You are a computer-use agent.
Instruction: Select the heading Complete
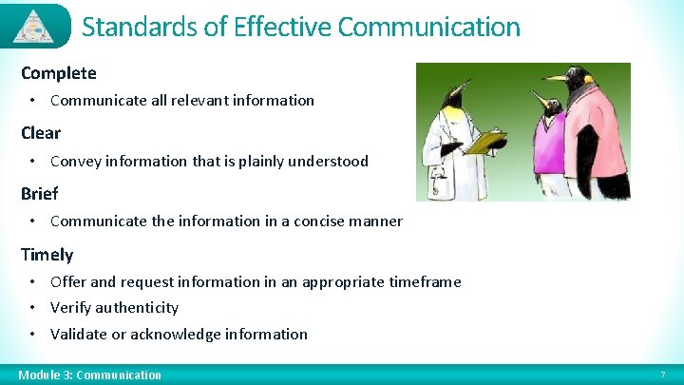(58, 72)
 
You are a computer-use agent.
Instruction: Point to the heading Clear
(40, 133)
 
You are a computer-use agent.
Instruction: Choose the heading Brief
(39, 194)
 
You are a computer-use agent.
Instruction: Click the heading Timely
(47, 255)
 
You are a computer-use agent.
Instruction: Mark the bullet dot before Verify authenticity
(32, 308)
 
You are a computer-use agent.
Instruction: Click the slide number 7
(662, 375)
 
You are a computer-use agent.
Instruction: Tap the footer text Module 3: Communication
(89, 375)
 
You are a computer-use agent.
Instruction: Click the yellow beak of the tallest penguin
(554, 77)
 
